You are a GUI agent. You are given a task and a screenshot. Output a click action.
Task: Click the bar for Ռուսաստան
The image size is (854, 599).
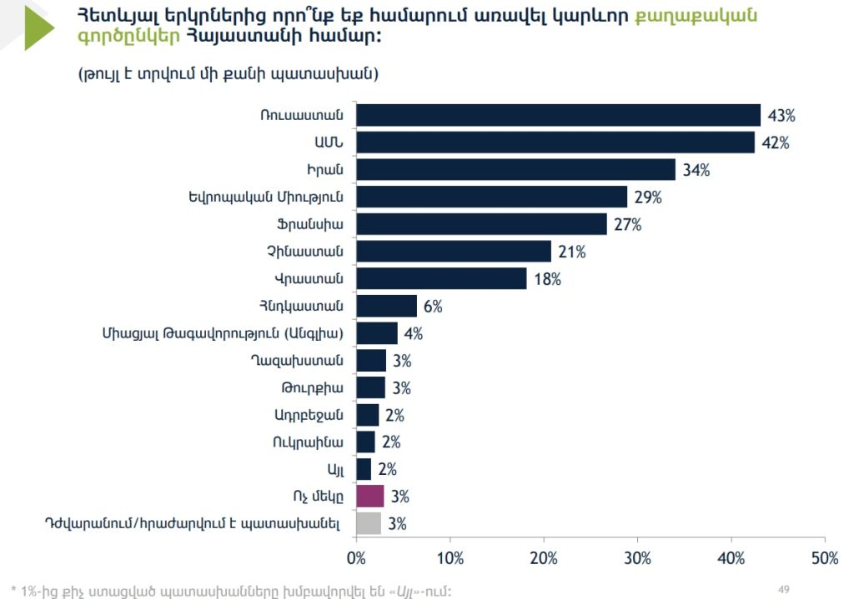coord(558,115)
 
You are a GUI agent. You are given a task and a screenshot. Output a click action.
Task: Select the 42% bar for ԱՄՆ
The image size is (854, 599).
coord(555,142)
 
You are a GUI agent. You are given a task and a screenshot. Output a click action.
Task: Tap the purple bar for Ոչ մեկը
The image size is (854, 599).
coord(369,497)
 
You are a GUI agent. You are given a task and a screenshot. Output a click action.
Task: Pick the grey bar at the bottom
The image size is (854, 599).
coord(368,524)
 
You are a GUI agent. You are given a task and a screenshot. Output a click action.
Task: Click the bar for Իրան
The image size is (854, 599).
coord(515,170)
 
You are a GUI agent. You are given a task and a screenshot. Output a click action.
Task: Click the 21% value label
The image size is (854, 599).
coord(572,252)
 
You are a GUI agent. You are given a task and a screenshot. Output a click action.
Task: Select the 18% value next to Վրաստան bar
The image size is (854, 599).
coord(547,279)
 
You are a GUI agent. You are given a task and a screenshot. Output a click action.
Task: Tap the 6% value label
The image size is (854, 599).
coord(432,307)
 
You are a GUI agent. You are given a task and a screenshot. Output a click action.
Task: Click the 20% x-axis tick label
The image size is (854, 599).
coord(544,559)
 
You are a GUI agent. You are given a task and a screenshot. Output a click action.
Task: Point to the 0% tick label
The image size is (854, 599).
coord(356,559)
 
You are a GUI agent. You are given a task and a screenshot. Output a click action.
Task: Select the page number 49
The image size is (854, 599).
coord(783,589)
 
